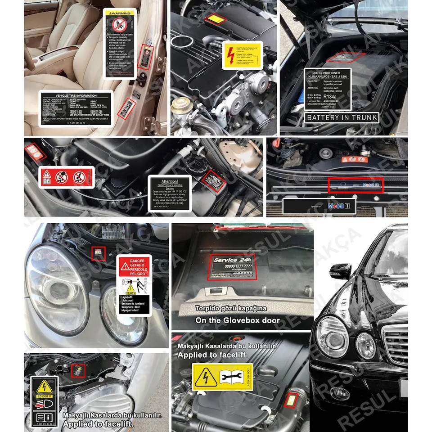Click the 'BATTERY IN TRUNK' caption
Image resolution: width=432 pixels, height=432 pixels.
pos(342,118)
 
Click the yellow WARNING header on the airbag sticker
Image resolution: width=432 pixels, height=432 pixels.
pos(120,14)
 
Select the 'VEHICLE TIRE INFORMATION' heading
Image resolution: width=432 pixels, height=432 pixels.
pos(76,95)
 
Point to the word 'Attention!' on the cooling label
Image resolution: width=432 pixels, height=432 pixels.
pos(170,181)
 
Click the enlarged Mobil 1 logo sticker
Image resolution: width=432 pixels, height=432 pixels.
pos(342,206)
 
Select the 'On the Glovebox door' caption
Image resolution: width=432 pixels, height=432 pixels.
pos(237,320)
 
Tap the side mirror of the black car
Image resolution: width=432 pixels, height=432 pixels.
pos(340,271)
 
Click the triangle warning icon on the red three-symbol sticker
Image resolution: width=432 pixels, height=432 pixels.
pos(47,175)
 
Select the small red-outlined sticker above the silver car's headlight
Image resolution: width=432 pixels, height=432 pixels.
pos(98,253)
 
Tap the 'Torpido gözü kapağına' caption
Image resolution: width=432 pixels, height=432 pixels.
pos(230,309)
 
